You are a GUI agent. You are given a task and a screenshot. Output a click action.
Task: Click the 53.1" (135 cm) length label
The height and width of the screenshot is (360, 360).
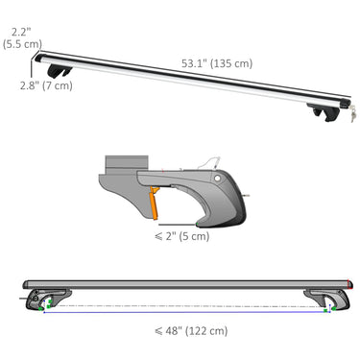pos(217,63)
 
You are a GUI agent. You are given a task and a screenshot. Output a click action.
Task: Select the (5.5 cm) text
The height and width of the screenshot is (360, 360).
pos(21,44)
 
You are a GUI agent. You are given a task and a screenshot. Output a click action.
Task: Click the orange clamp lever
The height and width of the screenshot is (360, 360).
pos(155,204)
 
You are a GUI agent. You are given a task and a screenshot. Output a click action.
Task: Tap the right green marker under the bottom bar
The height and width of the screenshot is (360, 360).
pos(326,308)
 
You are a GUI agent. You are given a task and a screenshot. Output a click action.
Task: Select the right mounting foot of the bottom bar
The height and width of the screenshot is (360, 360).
pos(321,299)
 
